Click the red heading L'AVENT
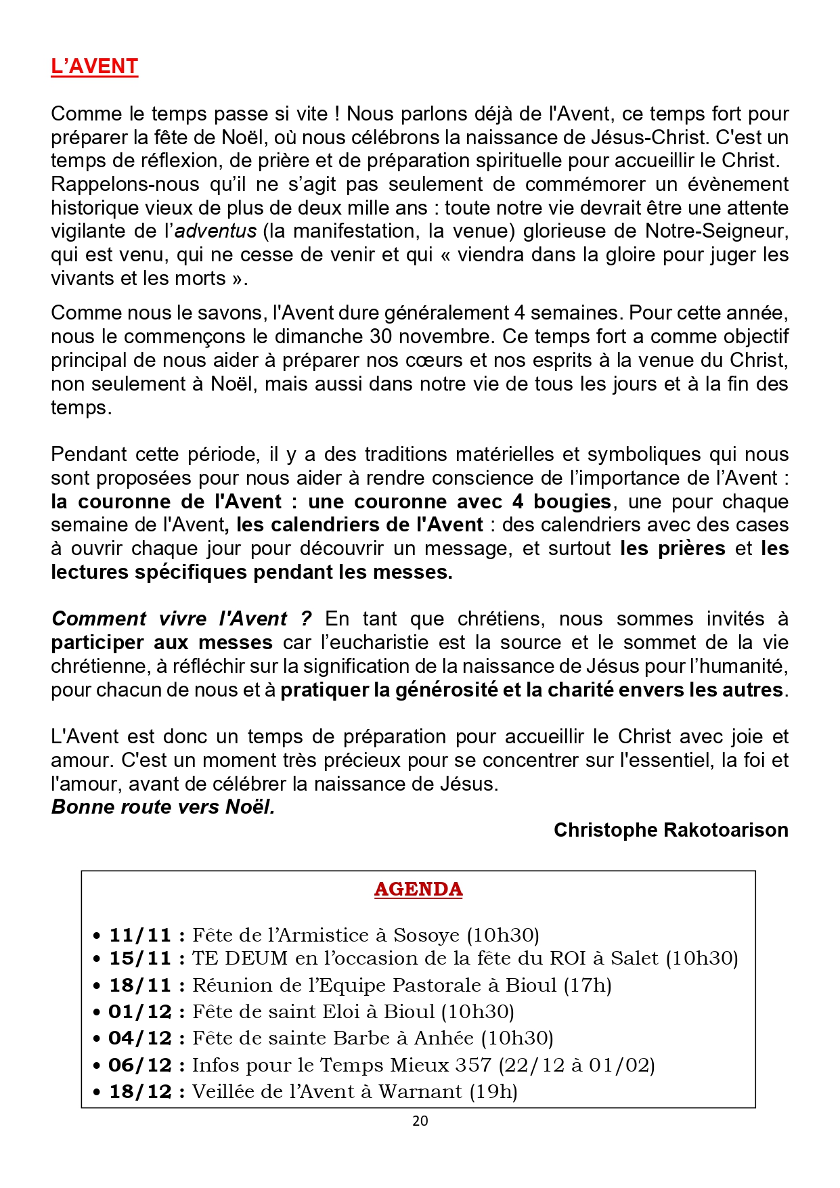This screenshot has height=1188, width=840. coord(94,66)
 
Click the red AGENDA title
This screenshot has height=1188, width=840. coord(418,889)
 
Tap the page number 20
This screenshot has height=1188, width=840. coord(420,1121)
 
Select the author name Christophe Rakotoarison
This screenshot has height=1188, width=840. coord(671,830)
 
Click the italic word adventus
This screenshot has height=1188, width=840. coord(216,232)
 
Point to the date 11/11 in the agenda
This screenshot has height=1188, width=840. coord(140,936)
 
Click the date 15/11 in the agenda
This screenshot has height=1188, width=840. coord(140,959)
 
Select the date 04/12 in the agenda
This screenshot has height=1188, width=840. coord(140,1038)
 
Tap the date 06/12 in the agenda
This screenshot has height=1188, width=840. coord(140,1065)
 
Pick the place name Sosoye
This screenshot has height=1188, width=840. coord(426,936)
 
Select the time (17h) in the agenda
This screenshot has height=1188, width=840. coord(588,985)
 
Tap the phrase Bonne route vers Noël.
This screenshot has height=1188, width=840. coord(163,807)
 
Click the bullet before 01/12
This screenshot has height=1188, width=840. coord(97,1013)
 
